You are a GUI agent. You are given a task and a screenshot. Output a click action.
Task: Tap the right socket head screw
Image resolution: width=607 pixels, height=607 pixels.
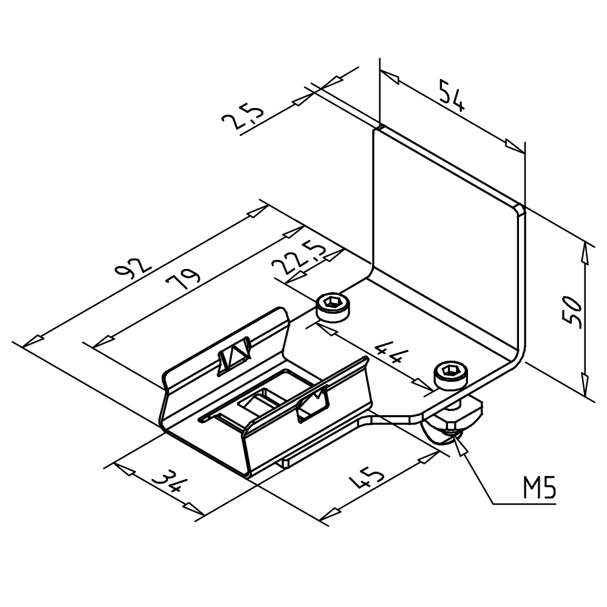(451, 376)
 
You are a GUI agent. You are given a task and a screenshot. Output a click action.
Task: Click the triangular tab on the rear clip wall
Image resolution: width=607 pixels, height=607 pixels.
(234, 355)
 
